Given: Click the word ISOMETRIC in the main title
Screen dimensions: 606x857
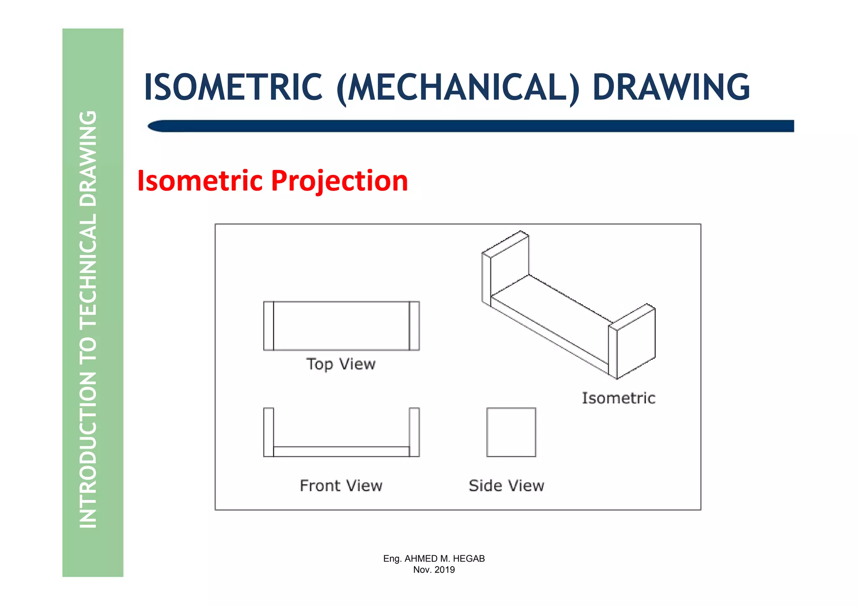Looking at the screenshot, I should [x=233, y=87].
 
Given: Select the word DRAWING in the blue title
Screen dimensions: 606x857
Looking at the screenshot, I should [x=671, y=87].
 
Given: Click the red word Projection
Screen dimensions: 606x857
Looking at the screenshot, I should [x=339, y=181].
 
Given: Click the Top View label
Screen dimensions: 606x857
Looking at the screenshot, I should [x=341, y=364].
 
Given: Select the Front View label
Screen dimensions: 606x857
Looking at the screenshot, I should [x=341, y=486].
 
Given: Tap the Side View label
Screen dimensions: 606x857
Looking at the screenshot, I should [x=506, y=486].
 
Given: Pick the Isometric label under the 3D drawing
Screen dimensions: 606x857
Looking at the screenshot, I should [x=618, y=398].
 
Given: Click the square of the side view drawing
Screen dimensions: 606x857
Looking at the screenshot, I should [x=511, y=432].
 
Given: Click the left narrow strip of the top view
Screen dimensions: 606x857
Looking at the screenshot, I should [x=269, y=326].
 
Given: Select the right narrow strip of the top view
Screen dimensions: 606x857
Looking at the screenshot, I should [x=414, y=326].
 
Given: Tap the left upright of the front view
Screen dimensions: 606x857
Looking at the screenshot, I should [x=269, y=432].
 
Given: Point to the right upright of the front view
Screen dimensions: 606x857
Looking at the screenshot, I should [x=414, y=432].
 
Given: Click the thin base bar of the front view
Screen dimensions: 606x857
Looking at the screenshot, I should [x=341, y=452].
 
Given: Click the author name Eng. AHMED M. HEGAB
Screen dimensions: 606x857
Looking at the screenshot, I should [x=434, y=559].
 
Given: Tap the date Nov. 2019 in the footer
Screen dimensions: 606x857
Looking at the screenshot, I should [x=434, y=570].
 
